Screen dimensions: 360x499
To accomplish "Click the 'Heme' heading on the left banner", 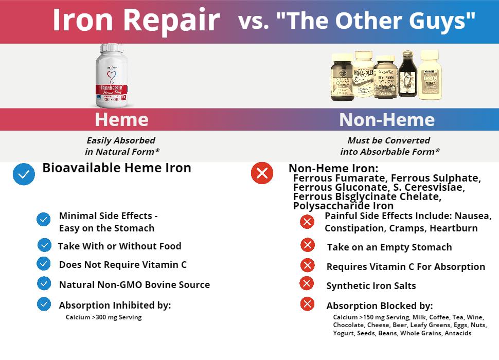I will [121, 120].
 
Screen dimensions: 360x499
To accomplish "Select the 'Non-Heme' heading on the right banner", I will [387, 120].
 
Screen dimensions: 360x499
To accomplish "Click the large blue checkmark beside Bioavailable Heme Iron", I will [24, 174].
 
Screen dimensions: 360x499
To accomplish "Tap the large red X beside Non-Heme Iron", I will [262, 174].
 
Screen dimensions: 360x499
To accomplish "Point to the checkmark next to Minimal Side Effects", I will [44, 220].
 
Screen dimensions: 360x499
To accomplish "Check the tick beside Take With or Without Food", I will [44, 245].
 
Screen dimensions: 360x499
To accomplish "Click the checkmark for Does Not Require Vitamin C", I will [44, 264].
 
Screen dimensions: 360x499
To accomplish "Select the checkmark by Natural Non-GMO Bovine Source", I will [44, 283].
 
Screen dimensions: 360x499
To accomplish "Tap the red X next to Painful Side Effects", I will [307, 222].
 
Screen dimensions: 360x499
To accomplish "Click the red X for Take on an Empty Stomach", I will [308, 245].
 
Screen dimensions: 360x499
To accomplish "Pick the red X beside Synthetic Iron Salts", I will [307, 283].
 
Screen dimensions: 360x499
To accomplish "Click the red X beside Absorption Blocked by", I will [307, 304].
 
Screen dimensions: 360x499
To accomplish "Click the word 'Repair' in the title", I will [171, 21].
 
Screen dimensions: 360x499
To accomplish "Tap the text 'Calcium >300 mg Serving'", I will [103, 317].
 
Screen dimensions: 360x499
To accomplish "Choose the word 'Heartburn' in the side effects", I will [454, 228].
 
